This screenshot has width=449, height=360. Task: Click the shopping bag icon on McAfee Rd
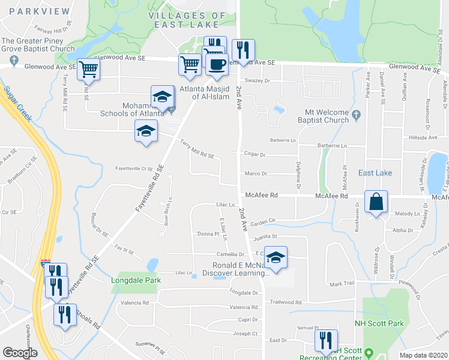376,202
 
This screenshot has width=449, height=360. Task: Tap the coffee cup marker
217,64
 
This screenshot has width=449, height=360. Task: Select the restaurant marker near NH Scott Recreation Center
326,341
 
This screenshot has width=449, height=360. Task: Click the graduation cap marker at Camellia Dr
276,258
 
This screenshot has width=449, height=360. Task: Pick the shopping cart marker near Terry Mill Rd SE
89,69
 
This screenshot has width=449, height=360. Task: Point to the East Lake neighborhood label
375,173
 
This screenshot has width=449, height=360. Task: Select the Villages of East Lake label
184,20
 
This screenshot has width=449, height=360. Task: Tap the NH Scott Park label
379,323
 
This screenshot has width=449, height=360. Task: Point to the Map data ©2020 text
423,355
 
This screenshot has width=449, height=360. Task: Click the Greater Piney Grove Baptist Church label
38,46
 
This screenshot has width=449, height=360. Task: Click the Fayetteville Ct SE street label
135,169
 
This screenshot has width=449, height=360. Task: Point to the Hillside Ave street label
424,137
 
